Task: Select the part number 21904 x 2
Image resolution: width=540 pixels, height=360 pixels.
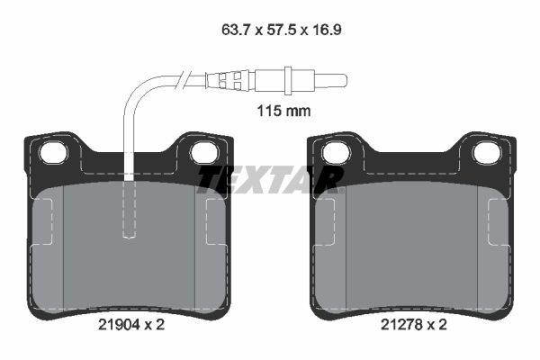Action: [x=130, y=325]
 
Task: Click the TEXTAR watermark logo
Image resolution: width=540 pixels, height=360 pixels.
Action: [x=270, y=178]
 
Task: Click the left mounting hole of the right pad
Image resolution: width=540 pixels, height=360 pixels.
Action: [x=336, y=152]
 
